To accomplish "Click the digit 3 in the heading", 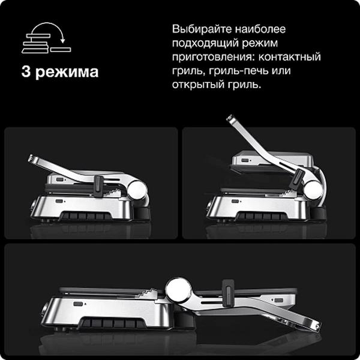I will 26,73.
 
